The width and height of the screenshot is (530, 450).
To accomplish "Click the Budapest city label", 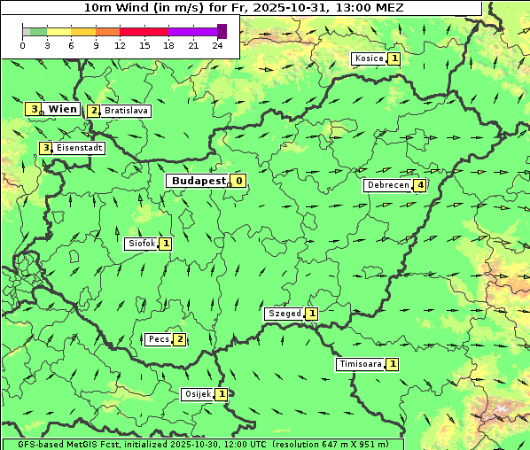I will (x=199, y=181).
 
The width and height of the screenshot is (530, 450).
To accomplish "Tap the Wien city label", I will (x=62, y=109).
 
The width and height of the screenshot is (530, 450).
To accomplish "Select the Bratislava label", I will (x=125, y=112).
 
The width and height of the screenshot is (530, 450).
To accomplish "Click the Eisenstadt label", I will (x=79, y=148).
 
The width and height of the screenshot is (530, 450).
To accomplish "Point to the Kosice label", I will (x=369, y=58).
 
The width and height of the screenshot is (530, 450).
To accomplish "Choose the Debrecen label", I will (x=387, y=185).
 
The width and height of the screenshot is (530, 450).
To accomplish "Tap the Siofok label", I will (x=141, y=244).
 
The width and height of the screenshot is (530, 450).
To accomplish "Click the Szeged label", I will (x=284, y=314).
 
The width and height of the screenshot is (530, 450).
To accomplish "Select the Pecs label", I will (x=159, y=339).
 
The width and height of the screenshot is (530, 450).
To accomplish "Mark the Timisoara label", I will (x=360, y=364).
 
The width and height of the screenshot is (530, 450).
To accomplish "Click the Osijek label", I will (x=197, y=394).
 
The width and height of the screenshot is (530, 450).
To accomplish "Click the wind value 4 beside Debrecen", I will (x=420, y=185).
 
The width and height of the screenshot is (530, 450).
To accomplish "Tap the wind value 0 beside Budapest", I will (x=238, y=181).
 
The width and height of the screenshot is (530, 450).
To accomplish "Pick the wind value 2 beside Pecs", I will (x=179, y=339).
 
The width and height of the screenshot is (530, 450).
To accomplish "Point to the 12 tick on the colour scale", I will (x=120, y=45).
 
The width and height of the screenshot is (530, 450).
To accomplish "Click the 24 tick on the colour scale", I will (x=217, y=45).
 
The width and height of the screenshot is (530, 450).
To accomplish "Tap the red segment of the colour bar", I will (x=144, y=31).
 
